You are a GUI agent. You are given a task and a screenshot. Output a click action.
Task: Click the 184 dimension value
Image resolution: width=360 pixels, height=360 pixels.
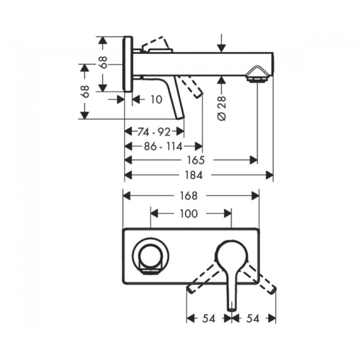point(194,176)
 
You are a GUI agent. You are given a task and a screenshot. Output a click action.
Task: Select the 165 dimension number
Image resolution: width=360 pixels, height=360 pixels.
point(196,160)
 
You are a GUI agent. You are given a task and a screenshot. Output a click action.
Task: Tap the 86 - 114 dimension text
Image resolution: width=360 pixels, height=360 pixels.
point(163,146)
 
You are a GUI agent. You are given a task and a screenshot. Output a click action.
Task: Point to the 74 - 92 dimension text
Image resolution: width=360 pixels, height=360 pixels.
point(154,132)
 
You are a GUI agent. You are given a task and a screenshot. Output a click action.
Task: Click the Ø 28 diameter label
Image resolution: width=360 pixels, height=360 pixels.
point(221,108)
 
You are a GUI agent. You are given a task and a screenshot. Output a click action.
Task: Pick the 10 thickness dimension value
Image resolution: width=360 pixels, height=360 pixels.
point(156,100)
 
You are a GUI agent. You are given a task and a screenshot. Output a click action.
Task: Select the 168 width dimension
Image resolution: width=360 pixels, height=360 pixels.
point(188,196)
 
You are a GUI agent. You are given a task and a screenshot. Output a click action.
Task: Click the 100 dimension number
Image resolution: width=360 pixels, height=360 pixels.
point(188,214)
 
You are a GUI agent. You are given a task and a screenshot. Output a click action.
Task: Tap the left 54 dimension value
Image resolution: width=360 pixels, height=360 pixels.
point(209,319)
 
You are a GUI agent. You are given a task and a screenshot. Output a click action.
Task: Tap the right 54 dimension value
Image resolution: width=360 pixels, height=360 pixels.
point(252,319)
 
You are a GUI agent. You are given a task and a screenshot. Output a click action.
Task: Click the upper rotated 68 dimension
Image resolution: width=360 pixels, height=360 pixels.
point(103,62)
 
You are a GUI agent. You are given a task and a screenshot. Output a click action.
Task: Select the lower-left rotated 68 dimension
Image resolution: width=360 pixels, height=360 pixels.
point(86,91)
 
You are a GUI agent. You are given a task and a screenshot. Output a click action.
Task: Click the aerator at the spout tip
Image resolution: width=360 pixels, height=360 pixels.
point(257,74)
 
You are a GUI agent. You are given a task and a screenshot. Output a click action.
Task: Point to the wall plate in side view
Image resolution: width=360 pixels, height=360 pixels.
point(128,64)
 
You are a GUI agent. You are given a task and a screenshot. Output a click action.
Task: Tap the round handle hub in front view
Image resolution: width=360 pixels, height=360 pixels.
point(231,254)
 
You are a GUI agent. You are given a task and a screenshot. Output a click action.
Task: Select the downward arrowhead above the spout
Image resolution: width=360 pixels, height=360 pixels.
point(221,48)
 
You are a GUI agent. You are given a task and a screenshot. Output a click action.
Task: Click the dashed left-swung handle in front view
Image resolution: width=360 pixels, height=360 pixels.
point(203,278)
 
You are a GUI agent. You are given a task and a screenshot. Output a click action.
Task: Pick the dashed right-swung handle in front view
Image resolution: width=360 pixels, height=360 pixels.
point(260,278)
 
